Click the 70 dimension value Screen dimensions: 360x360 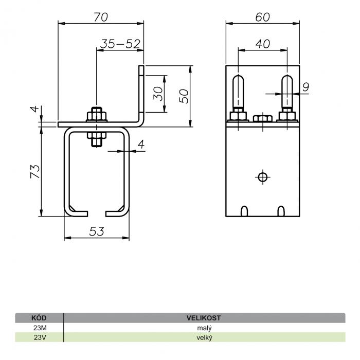[101, 17]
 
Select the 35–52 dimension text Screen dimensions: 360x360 [120, 44]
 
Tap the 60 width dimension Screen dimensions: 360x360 [263, 17]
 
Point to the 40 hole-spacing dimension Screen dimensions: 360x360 [263, 44]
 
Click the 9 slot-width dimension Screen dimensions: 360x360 [306, 87]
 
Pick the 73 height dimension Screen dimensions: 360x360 [35, 171]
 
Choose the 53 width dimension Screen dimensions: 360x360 [97, 231]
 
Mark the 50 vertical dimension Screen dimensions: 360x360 [184, 96]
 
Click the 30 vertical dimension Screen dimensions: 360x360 [158, 94]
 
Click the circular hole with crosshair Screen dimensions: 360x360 [263, 177]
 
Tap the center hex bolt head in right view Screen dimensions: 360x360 [263, 118]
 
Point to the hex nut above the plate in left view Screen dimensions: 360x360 [97, 116]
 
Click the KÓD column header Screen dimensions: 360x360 [39, 318]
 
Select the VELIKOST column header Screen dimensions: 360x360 [204, 318]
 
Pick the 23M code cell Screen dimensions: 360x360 [40, 328]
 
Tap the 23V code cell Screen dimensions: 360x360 [40, 338]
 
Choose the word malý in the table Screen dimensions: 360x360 [204, 328]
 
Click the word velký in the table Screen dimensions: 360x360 [204, 338]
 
